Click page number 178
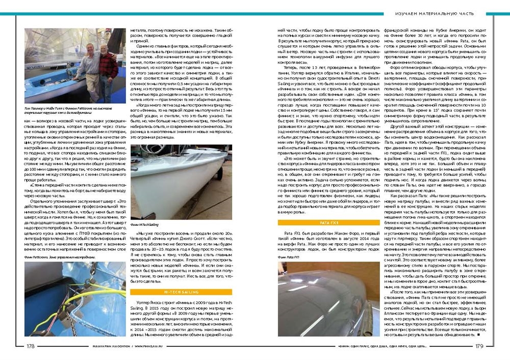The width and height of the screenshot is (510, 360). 31,346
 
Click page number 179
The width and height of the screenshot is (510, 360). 478,346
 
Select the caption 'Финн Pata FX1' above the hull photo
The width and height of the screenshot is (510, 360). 289,258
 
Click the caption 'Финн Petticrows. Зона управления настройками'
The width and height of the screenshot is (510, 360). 58,257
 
